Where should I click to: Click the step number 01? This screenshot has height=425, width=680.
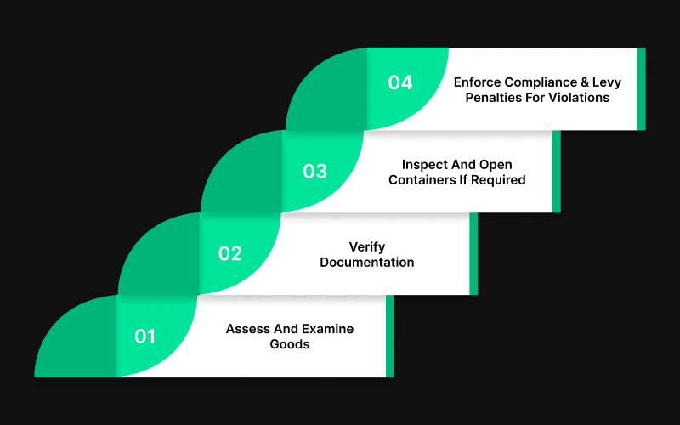coord(145,337)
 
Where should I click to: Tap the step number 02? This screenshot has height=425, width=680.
coord(230,253)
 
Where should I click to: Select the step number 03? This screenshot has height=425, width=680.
coord(314,171)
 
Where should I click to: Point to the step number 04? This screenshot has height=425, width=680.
coord(400,82)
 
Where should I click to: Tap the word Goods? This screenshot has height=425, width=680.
coord(289,344)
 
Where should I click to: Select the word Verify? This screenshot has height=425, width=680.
coord(367,246)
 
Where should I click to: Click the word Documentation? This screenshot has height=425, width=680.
coord(367,262)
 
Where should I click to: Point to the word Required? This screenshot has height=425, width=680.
coord(501,179)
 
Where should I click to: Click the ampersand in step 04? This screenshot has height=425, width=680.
coord(595,82)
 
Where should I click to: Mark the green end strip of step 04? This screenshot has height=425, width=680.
coord(641,88)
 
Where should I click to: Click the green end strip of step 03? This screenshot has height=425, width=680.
coord(557,171)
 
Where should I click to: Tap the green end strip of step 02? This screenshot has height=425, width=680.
coord(473,253)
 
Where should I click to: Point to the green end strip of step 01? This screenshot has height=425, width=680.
coord(390,336)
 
